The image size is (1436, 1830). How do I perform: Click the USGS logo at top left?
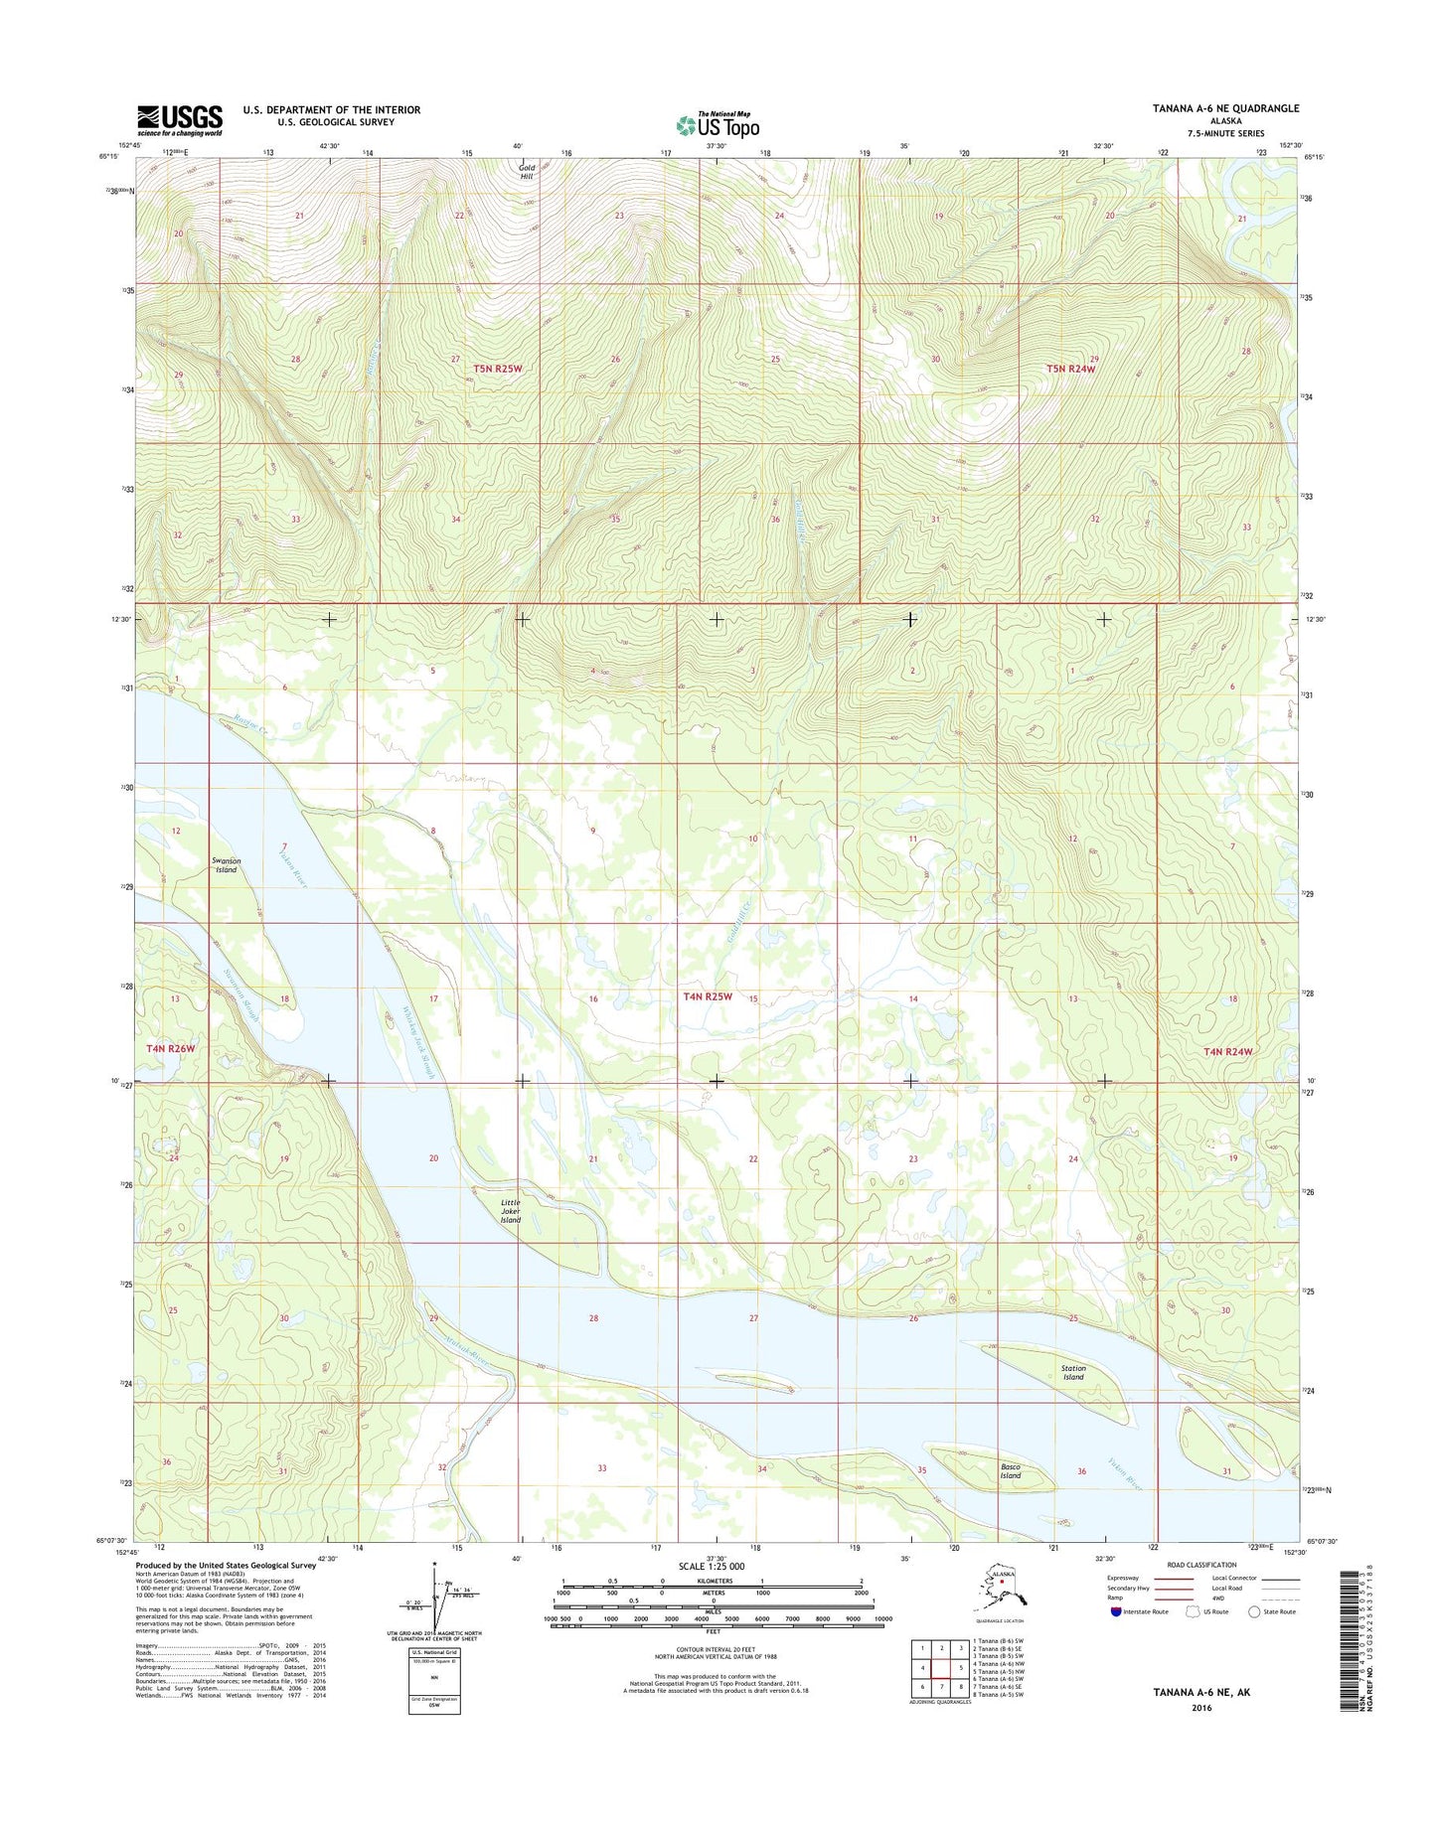[180, 120]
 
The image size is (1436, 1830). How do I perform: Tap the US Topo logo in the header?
[718, 125]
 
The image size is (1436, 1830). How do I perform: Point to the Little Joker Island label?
[510, 1210]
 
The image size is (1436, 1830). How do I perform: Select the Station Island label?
[1073, 1372]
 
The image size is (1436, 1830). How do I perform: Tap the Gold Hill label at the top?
[527, 172]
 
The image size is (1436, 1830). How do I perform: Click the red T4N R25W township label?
[708, 996]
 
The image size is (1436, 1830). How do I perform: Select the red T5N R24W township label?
[1070, 369]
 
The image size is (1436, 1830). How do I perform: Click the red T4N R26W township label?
[170, 1048]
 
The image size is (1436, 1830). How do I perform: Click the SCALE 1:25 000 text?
[711, 1567]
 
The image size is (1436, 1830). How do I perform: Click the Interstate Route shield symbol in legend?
[1116, 1611]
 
